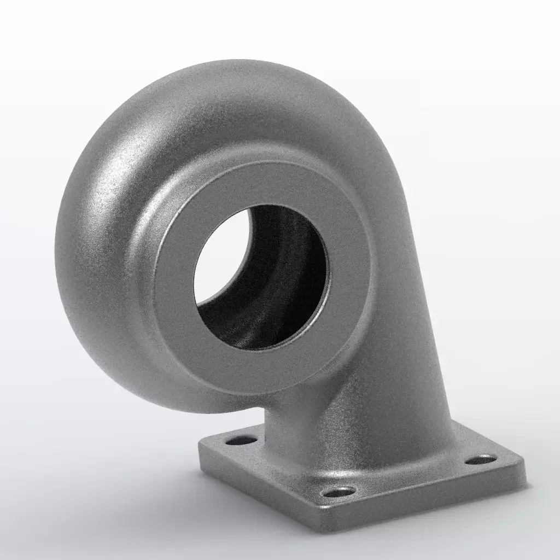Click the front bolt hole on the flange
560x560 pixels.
(x=339, y=492)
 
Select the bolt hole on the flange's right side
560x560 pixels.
(x=481, y=459)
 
